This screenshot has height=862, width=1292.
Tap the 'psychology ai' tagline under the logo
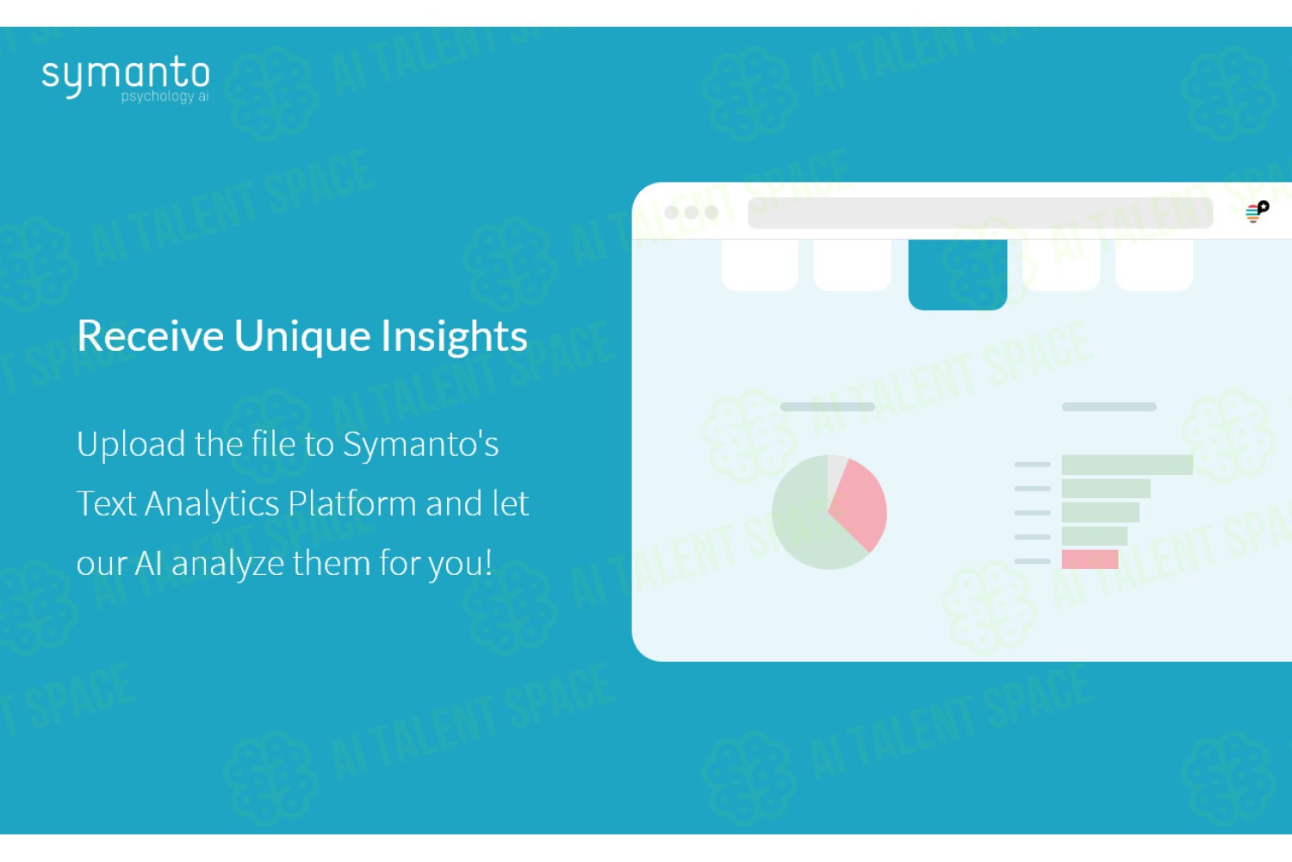pyautogui.click(x=165, y=96)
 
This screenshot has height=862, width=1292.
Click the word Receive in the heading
pyautogui.click(x=150, y=335)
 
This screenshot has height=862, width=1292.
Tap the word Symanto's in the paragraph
pyautogui.click(x=421, y=445)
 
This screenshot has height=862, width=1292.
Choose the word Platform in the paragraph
pyautogui.click(x=351, y=503)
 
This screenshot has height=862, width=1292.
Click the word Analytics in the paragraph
pyautogui.click(x=212, y=504)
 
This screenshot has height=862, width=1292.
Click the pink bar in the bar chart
pyautogui.click(x=1090, y=559)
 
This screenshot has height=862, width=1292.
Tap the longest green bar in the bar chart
pyautogui.click(x=1127, y=465)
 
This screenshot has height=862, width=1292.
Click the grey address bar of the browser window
pyautogui.click(x=980, y=212)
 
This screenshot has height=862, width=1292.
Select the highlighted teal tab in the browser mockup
pyautogui.click(x=958, y=274)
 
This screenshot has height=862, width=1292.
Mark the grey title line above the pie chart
pyautogui.click(x=828, y=407)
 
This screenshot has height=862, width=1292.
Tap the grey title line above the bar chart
pyautogui.click(x=1109, y=407)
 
